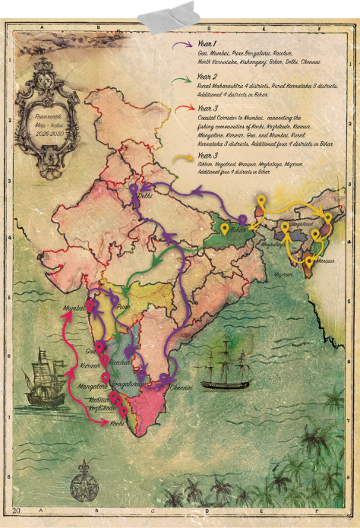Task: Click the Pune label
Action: coord(125,308)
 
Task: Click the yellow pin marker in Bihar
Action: coord(261,202)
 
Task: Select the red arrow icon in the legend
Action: coord(180,110)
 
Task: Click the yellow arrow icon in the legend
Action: coord(180,158)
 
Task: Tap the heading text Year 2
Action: coord(208,77)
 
